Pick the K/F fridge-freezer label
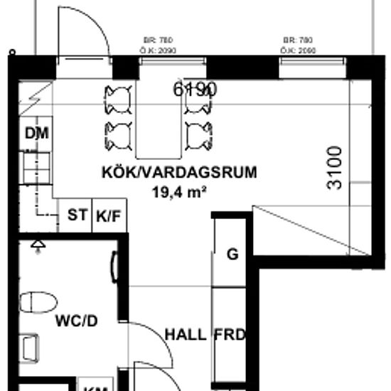[x=109, y=216]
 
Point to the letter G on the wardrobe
[x=232, y=255]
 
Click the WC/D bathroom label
[x=77, y=321]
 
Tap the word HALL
[x=186, y=334]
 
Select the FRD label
[x=230, y=334]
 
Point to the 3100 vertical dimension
[x=334, y=168]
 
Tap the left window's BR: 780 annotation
[x=159, y=41]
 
